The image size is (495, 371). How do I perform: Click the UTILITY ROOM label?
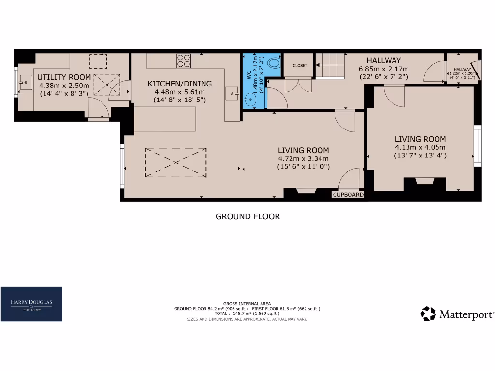click(64, 77)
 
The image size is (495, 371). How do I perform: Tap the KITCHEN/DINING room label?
click(179, 84)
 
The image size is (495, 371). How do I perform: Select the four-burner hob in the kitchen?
click(184, 60)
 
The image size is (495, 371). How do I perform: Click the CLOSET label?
click(299, 65)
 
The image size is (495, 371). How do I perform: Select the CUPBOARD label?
click(348, 195)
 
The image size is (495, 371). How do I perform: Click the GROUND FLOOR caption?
click(247, 216)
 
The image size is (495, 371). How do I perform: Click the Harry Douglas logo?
click(31, 304)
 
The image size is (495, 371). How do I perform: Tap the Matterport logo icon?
click(428, 314)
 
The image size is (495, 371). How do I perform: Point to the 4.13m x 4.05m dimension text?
click(420, 147)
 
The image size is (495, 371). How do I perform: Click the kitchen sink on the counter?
click(233, 92)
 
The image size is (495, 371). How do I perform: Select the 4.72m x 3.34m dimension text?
click(303, 158)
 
